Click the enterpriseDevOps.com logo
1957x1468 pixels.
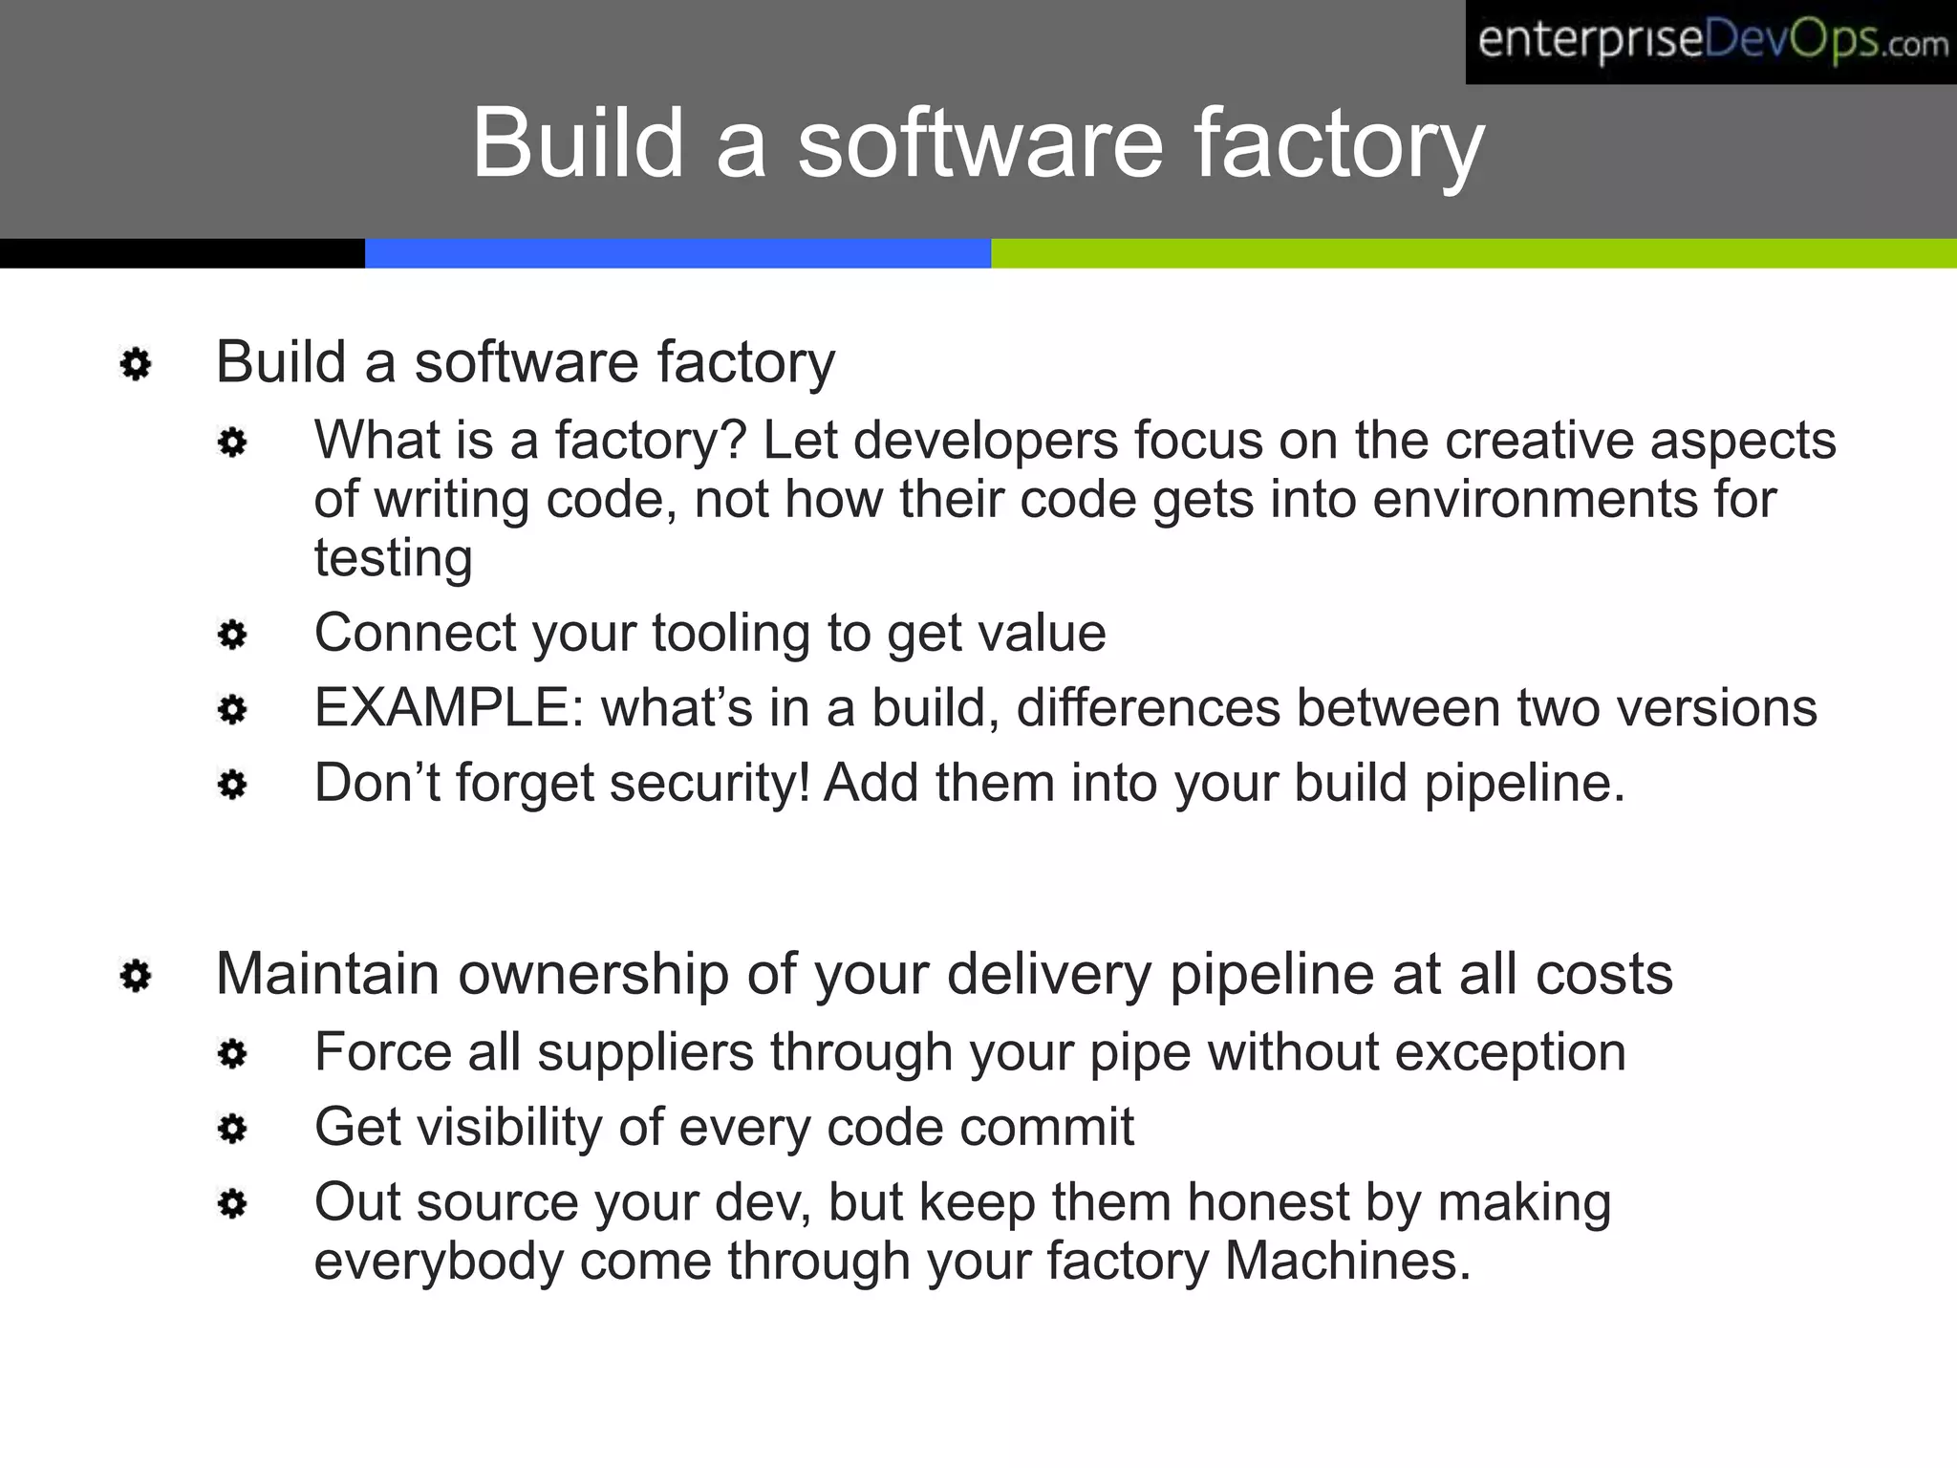click(x=1710, y=42)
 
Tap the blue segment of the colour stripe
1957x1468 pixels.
click(x=677, y=253)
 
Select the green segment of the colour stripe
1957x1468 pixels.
click(x=1472, y=253)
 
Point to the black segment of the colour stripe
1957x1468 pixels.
click(x=182, y=253)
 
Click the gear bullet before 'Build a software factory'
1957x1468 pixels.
click(x=136, y=364)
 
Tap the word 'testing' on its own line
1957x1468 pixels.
click(x=394, y=558)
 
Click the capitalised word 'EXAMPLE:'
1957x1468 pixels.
click(x=449, y=708)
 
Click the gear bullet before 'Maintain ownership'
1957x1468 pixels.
click(x=136, y=976)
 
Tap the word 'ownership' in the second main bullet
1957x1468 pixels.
click(x=592, y=975)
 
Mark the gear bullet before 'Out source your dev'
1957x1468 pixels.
click(x=232, y=1203)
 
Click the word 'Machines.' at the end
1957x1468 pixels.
click(x=1347, y=1262)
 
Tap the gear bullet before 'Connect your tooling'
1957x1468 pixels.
click(x=232, y=635)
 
